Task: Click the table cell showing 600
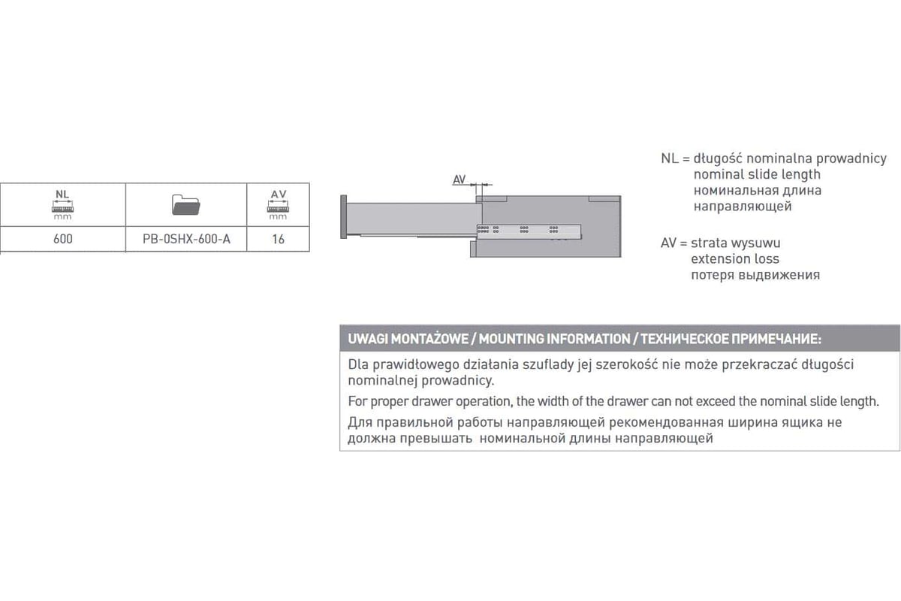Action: click(63, 239)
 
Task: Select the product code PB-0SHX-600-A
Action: click(186, 239)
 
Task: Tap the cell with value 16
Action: click(278, 239)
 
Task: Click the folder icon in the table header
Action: click(186, 205)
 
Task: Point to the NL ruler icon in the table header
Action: click(62, 204)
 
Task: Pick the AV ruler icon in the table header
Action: click(278, 204)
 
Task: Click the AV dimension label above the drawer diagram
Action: click(460, 180)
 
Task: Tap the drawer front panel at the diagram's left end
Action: click(344, 216)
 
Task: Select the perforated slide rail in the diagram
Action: click(529, 231)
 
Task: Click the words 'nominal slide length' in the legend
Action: click(757, 174)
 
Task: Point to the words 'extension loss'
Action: click(735, 259)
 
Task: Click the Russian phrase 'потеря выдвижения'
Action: click(755, 275)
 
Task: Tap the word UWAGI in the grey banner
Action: click(368, 339)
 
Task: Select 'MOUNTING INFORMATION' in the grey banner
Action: click(554, 339)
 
